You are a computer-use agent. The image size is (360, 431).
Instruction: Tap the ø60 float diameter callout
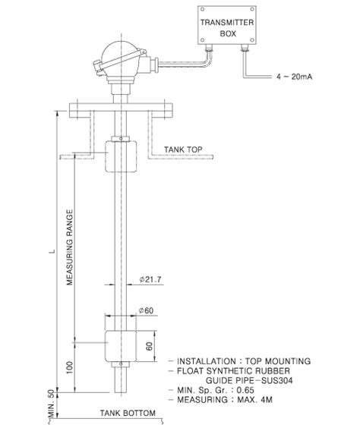point(147,310)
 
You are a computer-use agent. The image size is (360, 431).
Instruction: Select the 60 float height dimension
point(150,345)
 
